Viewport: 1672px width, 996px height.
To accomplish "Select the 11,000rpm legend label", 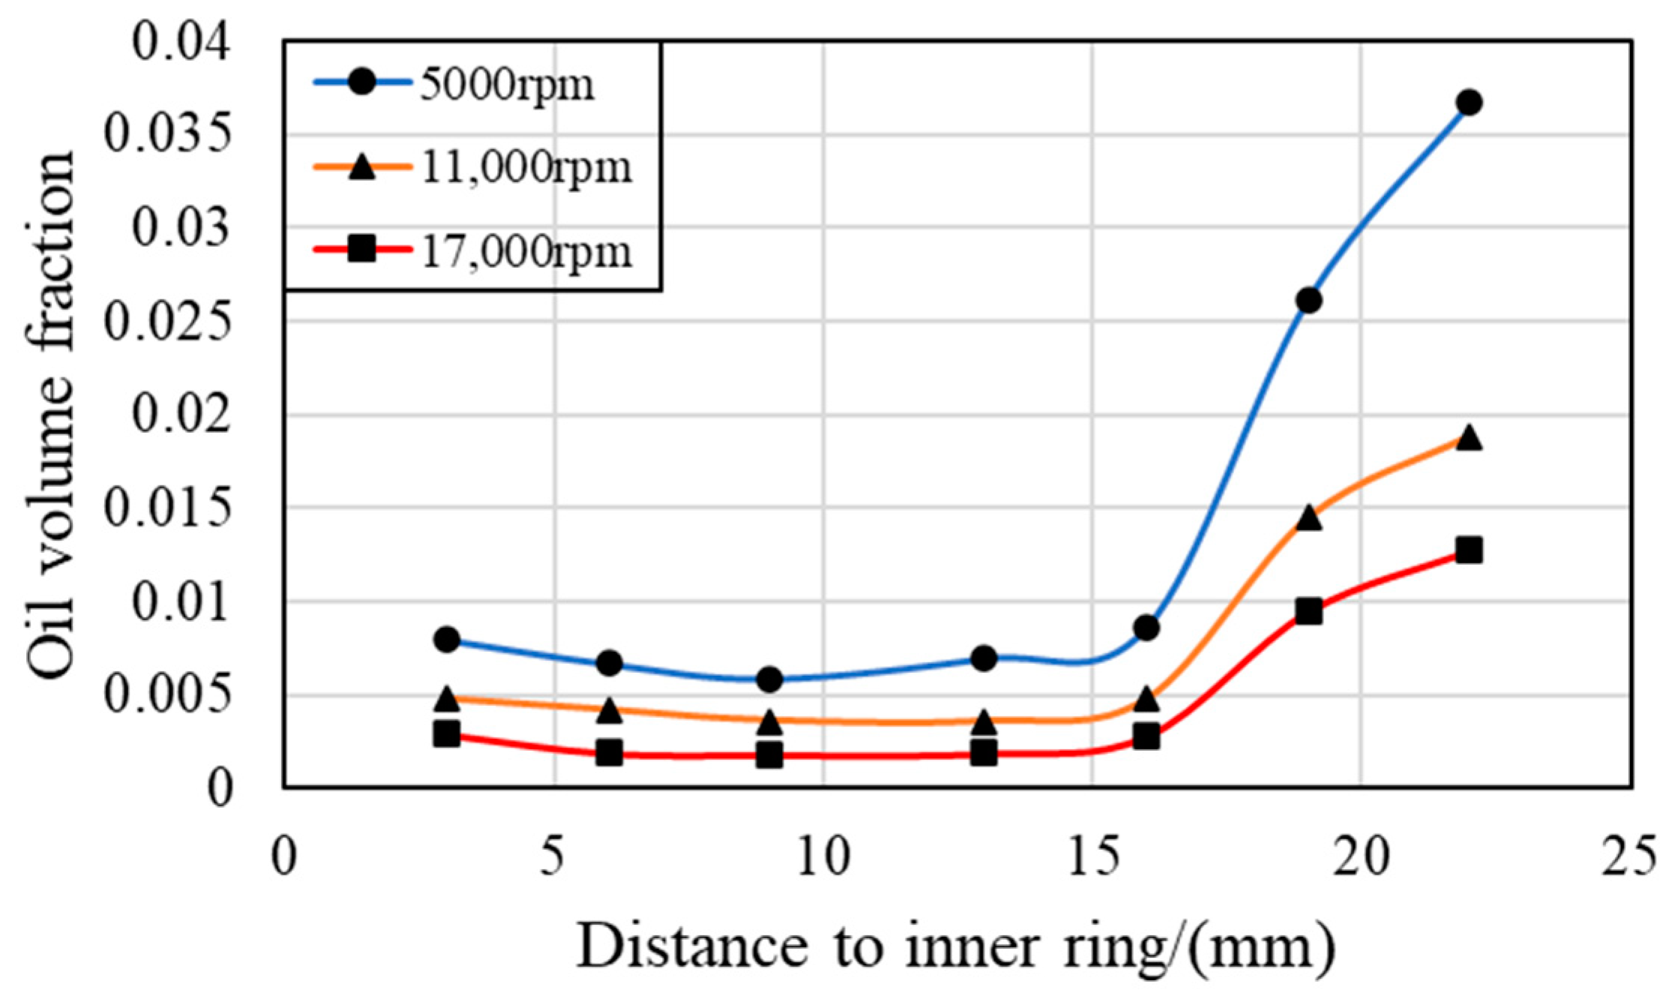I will [x=526, y=168].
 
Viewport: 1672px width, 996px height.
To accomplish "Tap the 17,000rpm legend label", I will [x=526, y=251].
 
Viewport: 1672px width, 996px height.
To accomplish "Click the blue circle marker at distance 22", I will [x=1469, y=103].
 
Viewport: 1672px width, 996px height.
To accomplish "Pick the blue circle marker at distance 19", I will [x=1308, y=301].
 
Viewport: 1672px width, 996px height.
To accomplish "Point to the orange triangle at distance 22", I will [x=1469, y=438].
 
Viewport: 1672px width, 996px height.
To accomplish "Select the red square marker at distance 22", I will [x=1469, y=551].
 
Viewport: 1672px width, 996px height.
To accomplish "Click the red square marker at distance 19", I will [x=1308, y=612].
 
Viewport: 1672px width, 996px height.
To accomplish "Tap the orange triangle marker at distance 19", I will [x=1308, y=518].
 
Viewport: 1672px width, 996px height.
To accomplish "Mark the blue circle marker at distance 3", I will [x=447, y=640].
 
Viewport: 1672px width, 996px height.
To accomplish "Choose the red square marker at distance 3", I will [x=447, y=733].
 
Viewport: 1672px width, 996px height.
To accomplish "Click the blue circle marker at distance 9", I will [x=769, y=679].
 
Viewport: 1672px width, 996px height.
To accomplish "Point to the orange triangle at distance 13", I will [x=984, y=723].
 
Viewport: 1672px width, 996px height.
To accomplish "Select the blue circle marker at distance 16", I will [x=1146, y=628].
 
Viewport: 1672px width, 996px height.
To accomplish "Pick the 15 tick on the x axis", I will [x=1092, y=857].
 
